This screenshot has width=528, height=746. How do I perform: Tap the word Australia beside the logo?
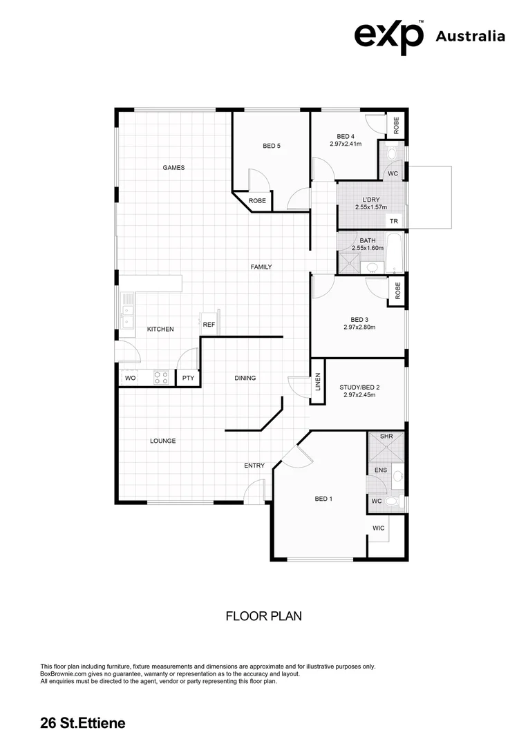click(470, 37)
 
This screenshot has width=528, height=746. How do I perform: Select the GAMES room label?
click(173, 168)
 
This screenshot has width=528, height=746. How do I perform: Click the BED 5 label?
click(272, 146)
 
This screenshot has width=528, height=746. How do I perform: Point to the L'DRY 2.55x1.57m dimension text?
click(370, 207)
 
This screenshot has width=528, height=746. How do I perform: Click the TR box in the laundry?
click(394, 222)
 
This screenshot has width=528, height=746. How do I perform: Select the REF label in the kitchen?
click(209, 324)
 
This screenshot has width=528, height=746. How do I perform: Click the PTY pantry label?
click(188, 379)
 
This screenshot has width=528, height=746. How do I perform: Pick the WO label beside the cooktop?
click(130, 379)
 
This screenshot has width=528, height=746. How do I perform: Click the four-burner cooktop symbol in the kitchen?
click(160, 378)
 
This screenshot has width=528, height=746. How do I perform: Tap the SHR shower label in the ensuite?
click(386, 437)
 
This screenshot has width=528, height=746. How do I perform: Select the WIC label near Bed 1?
click(378, 528)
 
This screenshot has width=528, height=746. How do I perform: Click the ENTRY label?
click(254, 466)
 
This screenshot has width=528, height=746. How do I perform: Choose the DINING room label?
click(245, 378)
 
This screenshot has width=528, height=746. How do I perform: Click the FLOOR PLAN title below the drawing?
click(264, 616)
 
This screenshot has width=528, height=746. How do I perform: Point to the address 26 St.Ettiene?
click(83, 724)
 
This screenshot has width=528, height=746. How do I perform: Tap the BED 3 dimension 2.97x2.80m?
click(359, 327)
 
